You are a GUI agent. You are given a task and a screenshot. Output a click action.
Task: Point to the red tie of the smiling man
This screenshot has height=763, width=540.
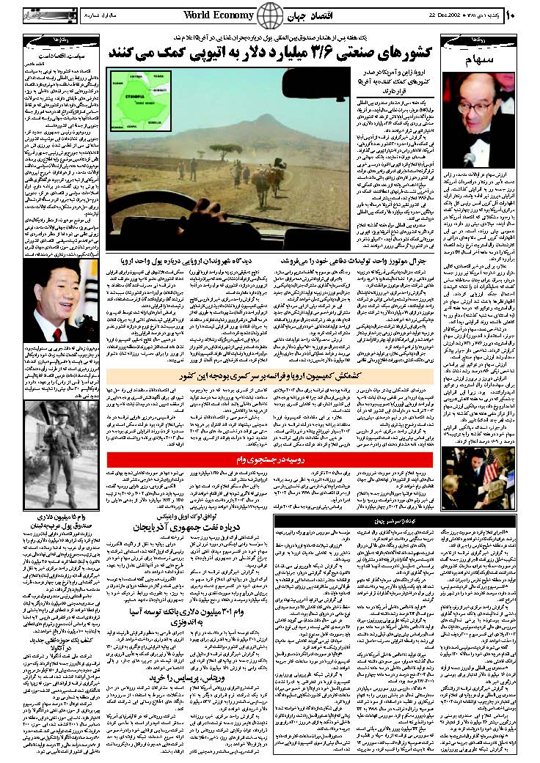click(59, 309)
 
